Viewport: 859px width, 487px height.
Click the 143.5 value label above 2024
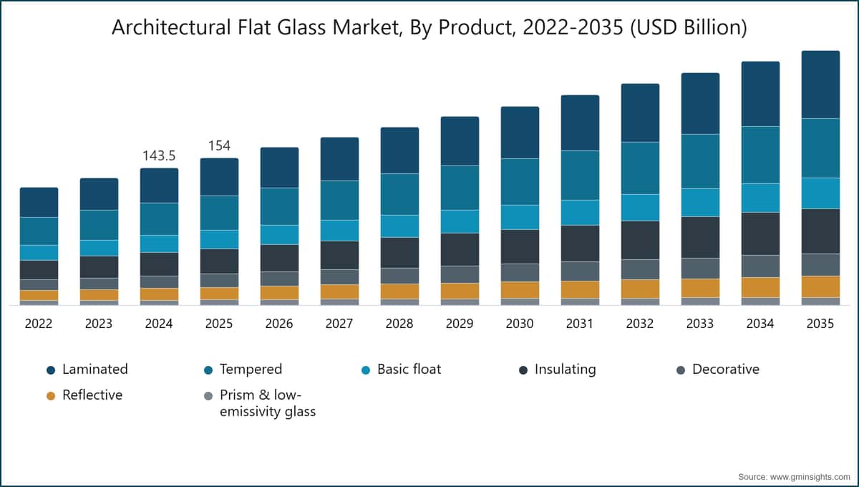pos(159,156)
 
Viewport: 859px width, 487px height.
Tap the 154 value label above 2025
pos(219,146)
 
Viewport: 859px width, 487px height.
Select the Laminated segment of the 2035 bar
pos(820,85)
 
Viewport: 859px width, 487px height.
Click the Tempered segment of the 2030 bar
pos(520,181)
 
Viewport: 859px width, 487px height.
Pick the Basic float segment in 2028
pos(399,226)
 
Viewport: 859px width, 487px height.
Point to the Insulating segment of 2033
pos(700,238)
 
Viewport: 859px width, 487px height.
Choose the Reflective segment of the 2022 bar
pos(39,295)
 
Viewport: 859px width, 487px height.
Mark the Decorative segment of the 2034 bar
pos(760,266)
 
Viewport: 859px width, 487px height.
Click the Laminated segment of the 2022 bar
pos(39,202)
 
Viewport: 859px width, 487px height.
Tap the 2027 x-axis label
pos(339,324)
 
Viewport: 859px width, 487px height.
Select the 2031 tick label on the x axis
pos(580,324)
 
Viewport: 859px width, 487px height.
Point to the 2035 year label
pos(820,324)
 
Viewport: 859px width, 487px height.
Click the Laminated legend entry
pos(87,370)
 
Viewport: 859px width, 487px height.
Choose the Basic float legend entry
pos(402,370)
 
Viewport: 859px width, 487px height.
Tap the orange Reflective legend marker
pos(51,395)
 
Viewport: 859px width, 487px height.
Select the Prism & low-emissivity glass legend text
pos(268,403)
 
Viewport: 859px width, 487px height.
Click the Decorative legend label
pos(726,370)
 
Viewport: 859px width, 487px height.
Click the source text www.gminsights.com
pos(810,477)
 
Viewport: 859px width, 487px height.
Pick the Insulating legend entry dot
pos(523,370)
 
